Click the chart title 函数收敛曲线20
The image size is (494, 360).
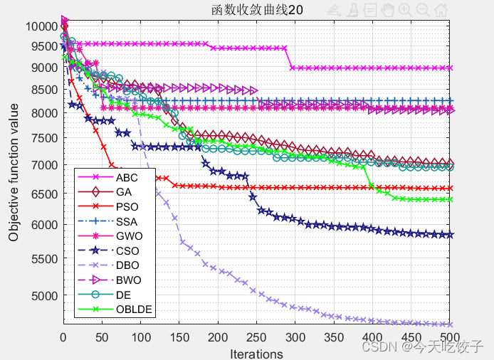[x=256, y=10]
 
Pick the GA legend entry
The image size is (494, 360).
[x=124, y=191]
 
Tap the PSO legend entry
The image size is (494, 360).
[x=126, y=206]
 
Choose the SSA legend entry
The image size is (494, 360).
[x=126, y=221]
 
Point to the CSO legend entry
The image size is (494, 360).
[x=127, y=250]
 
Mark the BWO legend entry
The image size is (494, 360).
[x=127, y=280]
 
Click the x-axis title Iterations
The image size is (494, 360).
[x=256, y=353]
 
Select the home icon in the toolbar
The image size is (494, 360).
[x=441, y=10]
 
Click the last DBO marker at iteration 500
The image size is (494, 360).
[x=449, y=324]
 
